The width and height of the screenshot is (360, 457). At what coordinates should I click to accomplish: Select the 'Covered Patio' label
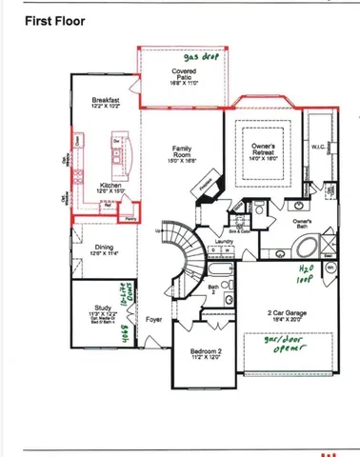pos(184,76)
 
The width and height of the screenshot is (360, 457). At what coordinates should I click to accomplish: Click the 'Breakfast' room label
pos(106,103)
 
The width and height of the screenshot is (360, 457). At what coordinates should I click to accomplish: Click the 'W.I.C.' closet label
pos(319,148)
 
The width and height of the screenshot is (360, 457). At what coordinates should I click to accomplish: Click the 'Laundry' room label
pos(224,242)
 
